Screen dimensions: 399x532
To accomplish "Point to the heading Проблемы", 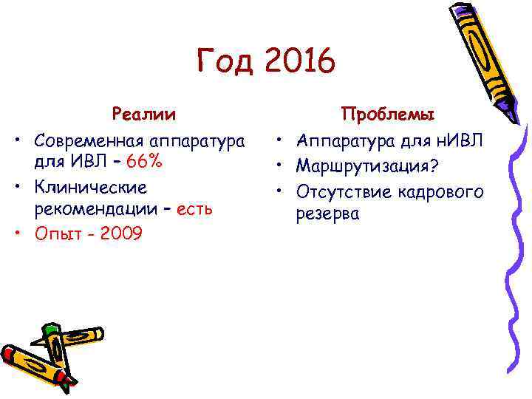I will tap(387, 115).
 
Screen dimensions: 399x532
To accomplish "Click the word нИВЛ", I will tap(457, 139).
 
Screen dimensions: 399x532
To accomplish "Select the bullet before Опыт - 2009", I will tap(15, 234).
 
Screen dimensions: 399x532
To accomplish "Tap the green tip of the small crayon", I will tap(50, 328).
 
